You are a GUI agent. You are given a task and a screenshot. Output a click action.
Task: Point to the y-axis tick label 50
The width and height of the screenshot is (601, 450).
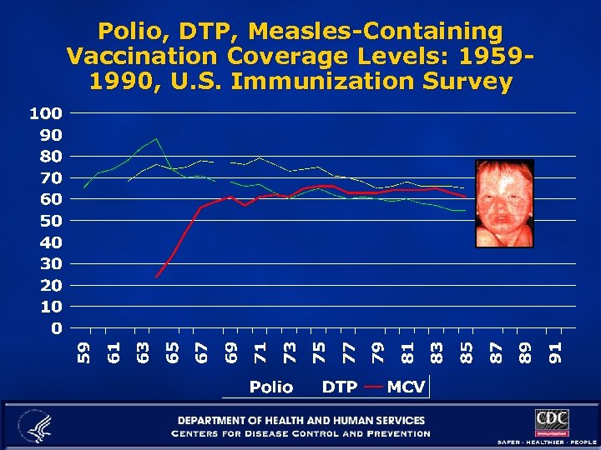pyautogui.click(x=48, y=221)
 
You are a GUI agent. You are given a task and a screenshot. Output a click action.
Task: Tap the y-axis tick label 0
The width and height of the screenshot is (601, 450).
pyautogui.click(x=55, y=328)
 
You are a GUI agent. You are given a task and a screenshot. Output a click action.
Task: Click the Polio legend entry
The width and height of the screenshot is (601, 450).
pyautogui.click(x=271, y=387)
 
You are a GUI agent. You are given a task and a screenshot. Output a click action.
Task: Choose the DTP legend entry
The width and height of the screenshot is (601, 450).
pyautogui.click(x=340, y=387)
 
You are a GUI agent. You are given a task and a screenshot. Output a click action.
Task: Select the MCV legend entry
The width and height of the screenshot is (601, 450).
pyautogui.click(x=406, y=387)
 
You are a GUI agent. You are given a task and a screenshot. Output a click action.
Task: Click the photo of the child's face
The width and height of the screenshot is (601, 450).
pyautogui.click(x=503, y=203)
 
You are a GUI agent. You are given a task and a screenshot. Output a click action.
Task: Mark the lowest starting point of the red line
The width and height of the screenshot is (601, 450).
pyautogui.click(x=156, y=276)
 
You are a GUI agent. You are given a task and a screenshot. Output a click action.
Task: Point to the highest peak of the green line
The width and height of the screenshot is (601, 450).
pyautogui.click(x=156, y=138)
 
